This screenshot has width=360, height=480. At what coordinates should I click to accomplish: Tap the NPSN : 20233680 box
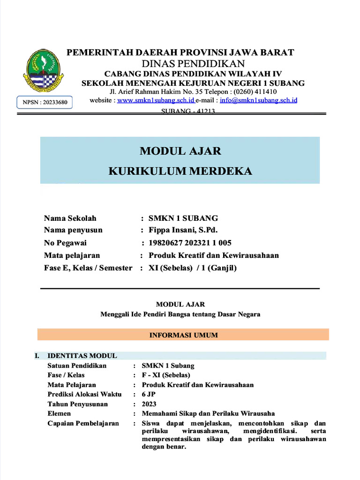click(x=45, y=102)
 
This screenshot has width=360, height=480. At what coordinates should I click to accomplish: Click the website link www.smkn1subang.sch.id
click(x=156, y=100)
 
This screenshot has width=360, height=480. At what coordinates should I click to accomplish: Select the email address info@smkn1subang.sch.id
click(x=258, y=100)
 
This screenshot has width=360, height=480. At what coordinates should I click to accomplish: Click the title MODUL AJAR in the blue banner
click(x=180, y=151)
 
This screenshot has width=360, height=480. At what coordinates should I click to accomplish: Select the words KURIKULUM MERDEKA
click(x=180, y=171)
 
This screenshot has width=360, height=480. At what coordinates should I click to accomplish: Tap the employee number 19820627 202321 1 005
click(x=190, y=243)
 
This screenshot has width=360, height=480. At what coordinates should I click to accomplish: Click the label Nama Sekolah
click(x=70, y=218)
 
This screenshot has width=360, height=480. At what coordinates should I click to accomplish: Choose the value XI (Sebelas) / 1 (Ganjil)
click(x=193, y=268)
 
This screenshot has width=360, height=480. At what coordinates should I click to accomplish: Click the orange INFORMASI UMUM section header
click(x=183, y=335)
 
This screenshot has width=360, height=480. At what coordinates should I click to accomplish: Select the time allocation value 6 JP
click(x=149, y=394)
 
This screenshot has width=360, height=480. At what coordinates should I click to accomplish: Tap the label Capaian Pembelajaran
click(x=83, y=423)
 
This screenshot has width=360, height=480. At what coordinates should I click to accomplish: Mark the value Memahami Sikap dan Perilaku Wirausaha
click(x=208, y=413)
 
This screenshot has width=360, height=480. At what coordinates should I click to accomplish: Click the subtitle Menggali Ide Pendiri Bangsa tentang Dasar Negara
click(x=180, y=315)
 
